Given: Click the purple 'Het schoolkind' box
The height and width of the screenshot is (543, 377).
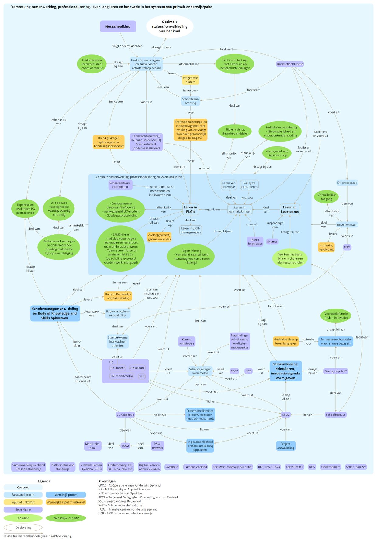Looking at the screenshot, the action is click(x=118, y=26).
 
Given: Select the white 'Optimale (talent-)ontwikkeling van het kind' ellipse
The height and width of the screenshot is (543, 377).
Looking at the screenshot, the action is click(x=170, y=26).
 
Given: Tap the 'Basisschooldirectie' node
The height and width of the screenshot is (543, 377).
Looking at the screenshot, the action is click(x=290, y=64).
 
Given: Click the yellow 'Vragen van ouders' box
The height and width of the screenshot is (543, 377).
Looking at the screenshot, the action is click(x=190, y=80).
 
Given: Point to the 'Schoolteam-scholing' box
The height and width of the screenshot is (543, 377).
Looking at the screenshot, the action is click(x=191, y=101).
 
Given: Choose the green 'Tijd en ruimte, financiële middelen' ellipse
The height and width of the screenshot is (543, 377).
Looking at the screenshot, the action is click(x=235, y=131).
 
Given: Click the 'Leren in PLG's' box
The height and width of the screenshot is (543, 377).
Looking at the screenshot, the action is click(x=191, y=210).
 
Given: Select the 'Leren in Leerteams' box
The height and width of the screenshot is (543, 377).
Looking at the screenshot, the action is click(x=290, y=210).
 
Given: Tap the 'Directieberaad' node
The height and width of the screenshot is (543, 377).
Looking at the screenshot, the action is click(x=347, y=183).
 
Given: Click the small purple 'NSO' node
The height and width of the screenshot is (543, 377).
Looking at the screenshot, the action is click(x=347, y=247).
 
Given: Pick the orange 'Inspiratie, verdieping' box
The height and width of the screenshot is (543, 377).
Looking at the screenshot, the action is click(x=326, y=247).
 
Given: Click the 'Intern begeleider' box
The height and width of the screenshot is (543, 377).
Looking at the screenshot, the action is click(x=255, y=242).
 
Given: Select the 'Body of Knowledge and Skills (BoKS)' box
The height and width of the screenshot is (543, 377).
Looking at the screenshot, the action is click(x=118, y=296).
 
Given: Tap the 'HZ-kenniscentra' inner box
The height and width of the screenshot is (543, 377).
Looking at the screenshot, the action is click(x=122, y=376).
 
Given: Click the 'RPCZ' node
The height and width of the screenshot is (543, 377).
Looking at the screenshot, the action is click(x=234, y=371).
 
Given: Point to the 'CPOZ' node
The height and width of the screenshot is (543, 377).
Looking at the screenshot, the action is click(x=286, y=415).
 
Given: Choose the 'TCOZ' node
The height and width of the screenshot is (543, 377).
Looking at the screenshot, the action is click(x=125, y=446).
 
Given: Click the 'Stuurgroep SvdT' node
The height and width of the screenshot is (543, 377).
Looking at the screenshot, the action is click(x=336, y=371).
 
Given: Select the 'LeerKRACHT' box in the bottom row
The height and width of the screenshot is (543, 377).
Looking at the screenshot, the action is click(x=294, y=467).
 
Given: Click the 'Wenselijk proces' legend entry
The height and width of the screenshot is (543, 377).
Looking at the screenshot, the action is click(x=66, y=495).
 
